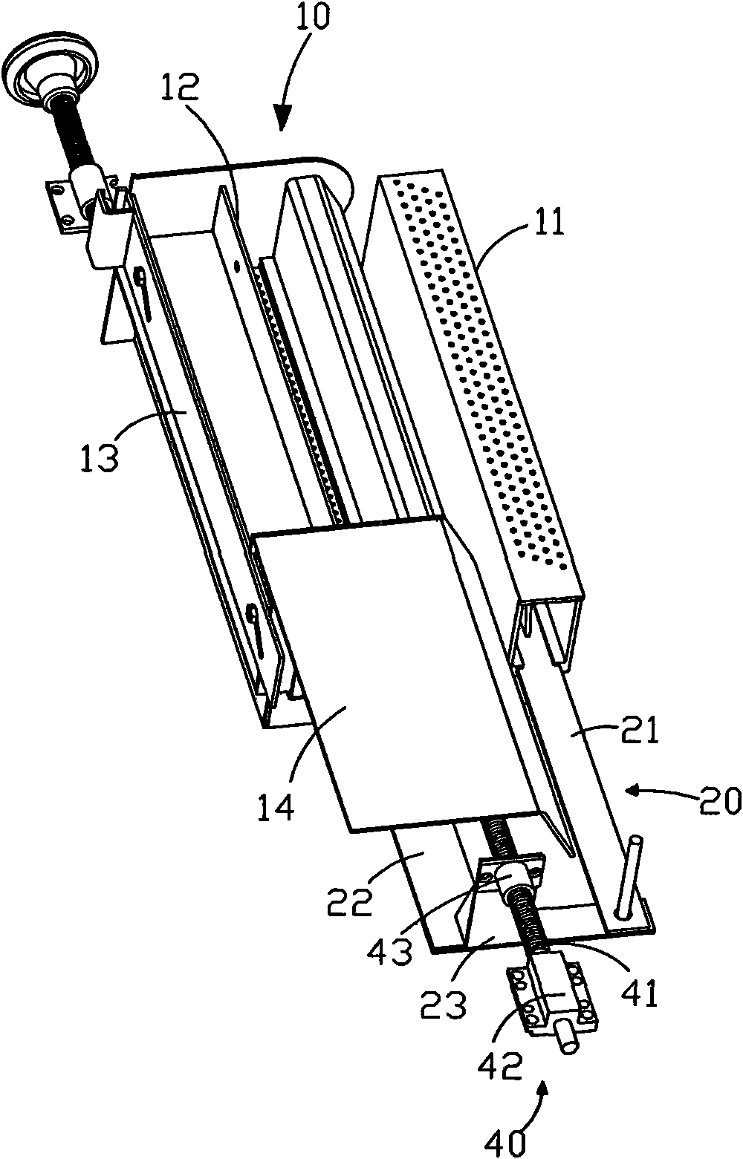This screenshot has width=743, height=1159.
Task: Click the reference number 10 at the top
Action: pyautogui.click(x=312, y=18)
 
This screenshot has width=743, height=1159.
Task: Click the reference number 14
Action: pyautogui.click(x=276, y=805)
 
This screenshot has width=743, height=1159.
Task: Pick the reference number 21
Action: pyautogui.click(x=640, y=731)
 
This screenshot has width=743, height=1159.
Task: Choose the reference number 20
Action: pyautogui.click(x=721, y=801)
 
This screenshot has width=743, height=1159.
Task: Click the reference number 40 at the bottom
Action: pyautogui.click(x=505, y=1143)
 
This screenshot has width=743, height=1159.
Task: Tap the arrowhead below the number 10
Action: pyautogui.click(x=282, y=119)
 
